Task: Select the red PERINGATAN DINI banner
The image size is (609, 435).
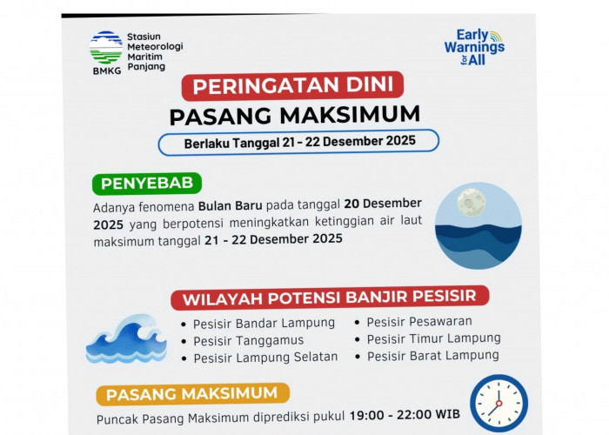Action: tap(292, 87)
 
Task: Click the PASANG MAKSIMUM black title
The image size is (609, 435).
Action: tap(294, 115)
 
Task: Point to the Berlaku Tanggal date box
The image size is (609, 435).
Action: tap(298, 141)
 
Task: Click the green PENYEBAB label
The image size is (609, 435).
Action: tap(146, 184)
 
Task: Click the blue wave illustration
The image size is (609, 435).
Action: tap(125, 341)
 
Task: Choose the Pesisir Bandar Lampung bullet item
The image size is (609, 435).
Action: tap(263, 323)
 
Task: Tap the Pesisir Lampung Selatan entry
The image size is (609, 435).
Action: tap(264, 358)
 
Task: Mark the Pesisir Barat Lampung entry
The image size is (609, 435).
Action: tap(432, 355)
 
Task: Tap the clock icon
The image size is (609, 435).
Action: tap(499, 403)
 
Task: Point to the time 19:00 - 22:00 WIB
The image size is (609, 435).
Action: tap(405, 415)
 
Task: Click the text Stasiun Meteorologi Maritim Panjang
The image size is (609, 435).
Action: tap(154, 51)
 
